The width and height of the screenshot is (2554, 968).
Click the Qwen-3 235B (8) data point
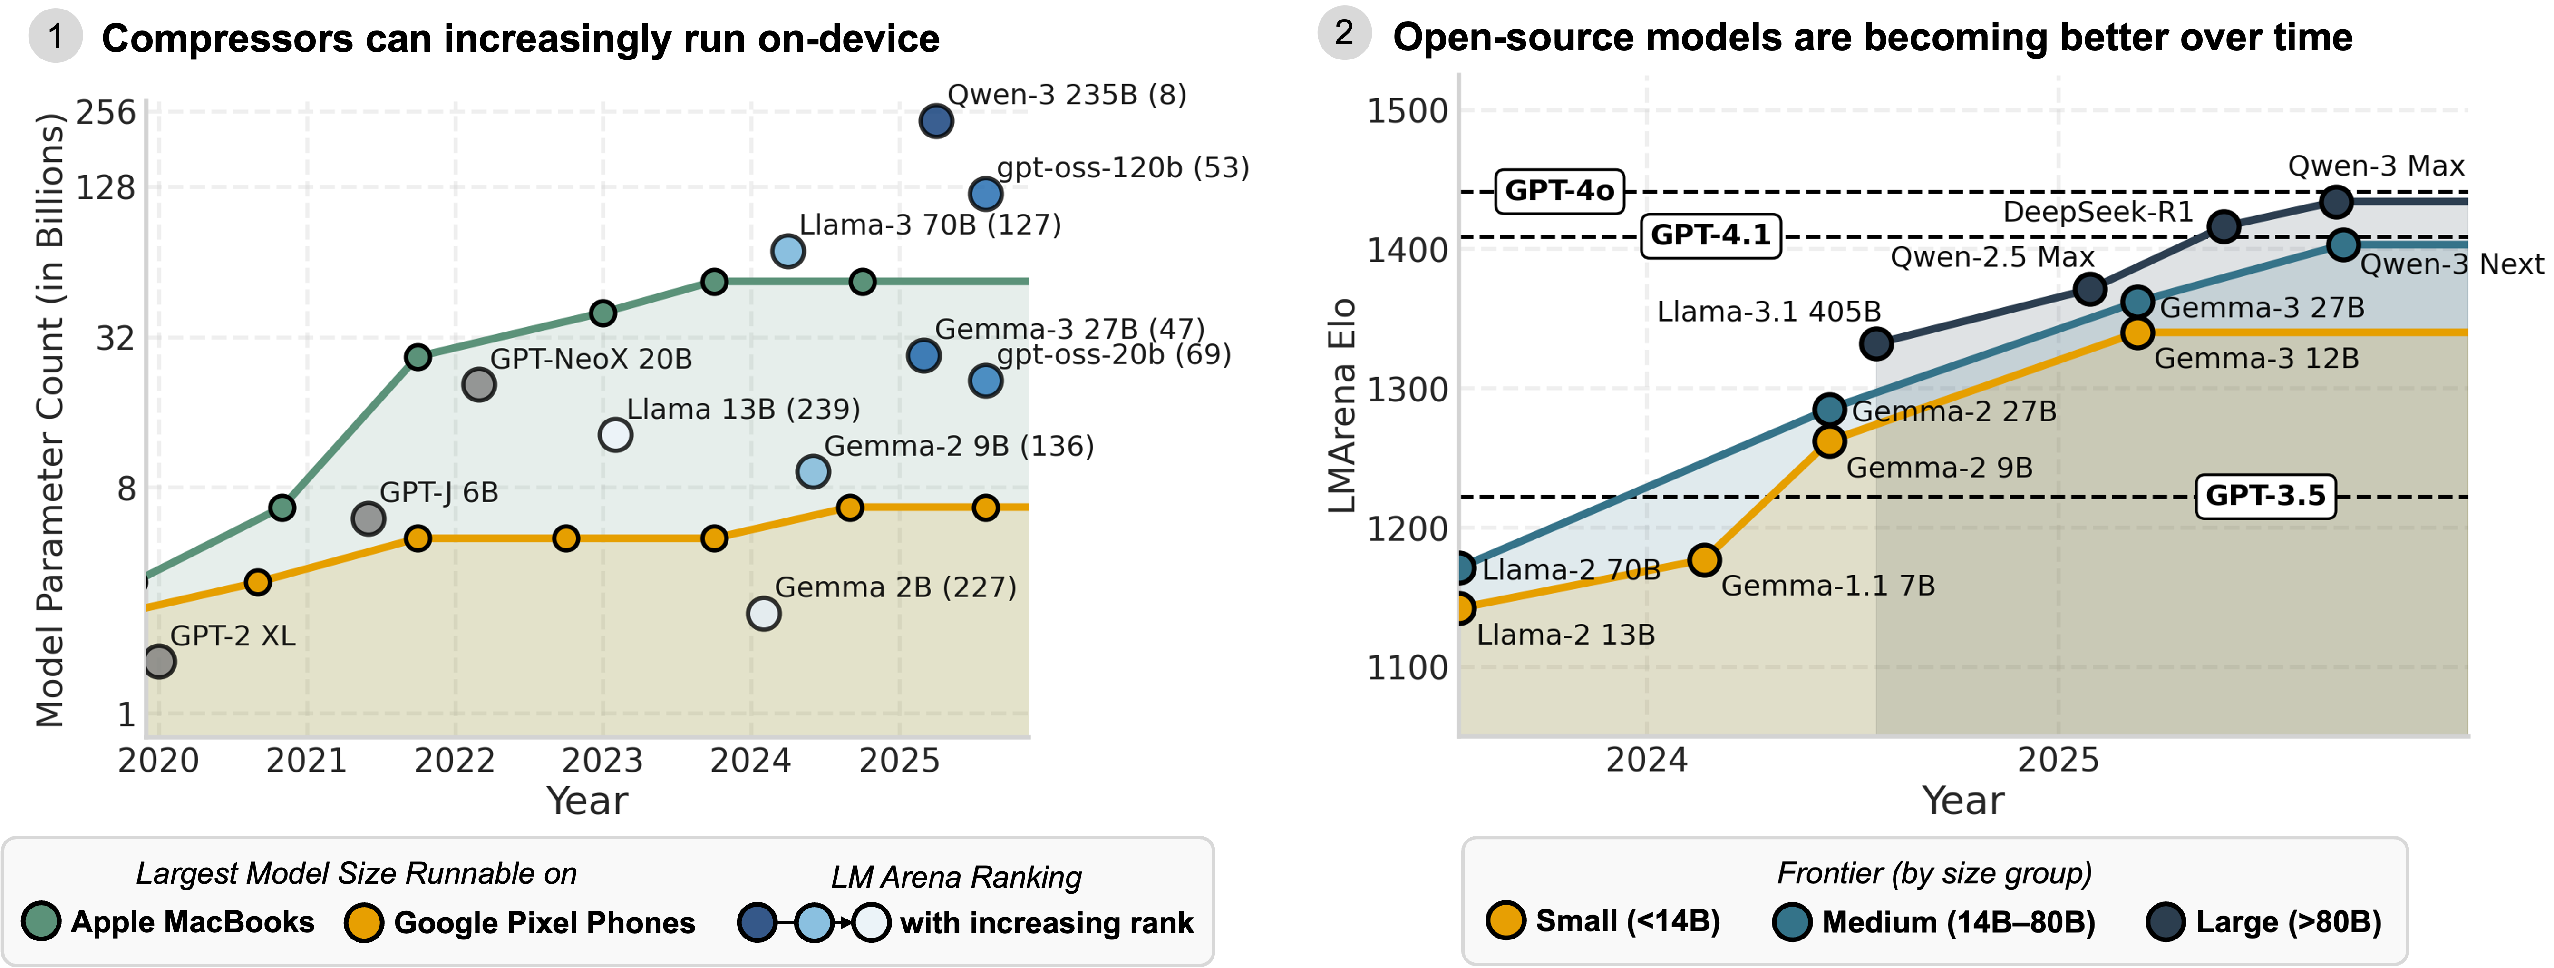[936, 121]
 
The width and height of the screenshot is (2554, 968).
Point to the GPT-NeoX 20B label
[591, 359]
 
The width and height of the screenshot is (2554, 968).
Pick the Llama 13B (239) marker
[616, 434]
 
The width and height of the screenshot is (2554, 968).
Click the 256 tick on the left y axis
[106, 112]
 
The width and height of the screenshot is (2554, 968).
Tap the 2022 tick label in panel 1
[454, 761]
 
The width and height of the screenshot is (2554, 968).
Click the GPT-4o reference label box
[1560, 190]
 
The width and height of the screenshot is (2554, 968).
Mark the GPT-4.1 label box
[1710, 236]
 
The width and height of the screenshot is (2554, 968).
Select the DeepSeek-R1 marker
[2224, 226]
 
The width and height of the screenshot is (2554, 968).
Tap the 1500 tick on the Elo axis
[1408, 111]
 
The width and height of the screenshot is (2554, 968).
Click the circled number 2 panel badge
[1343, 33]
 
